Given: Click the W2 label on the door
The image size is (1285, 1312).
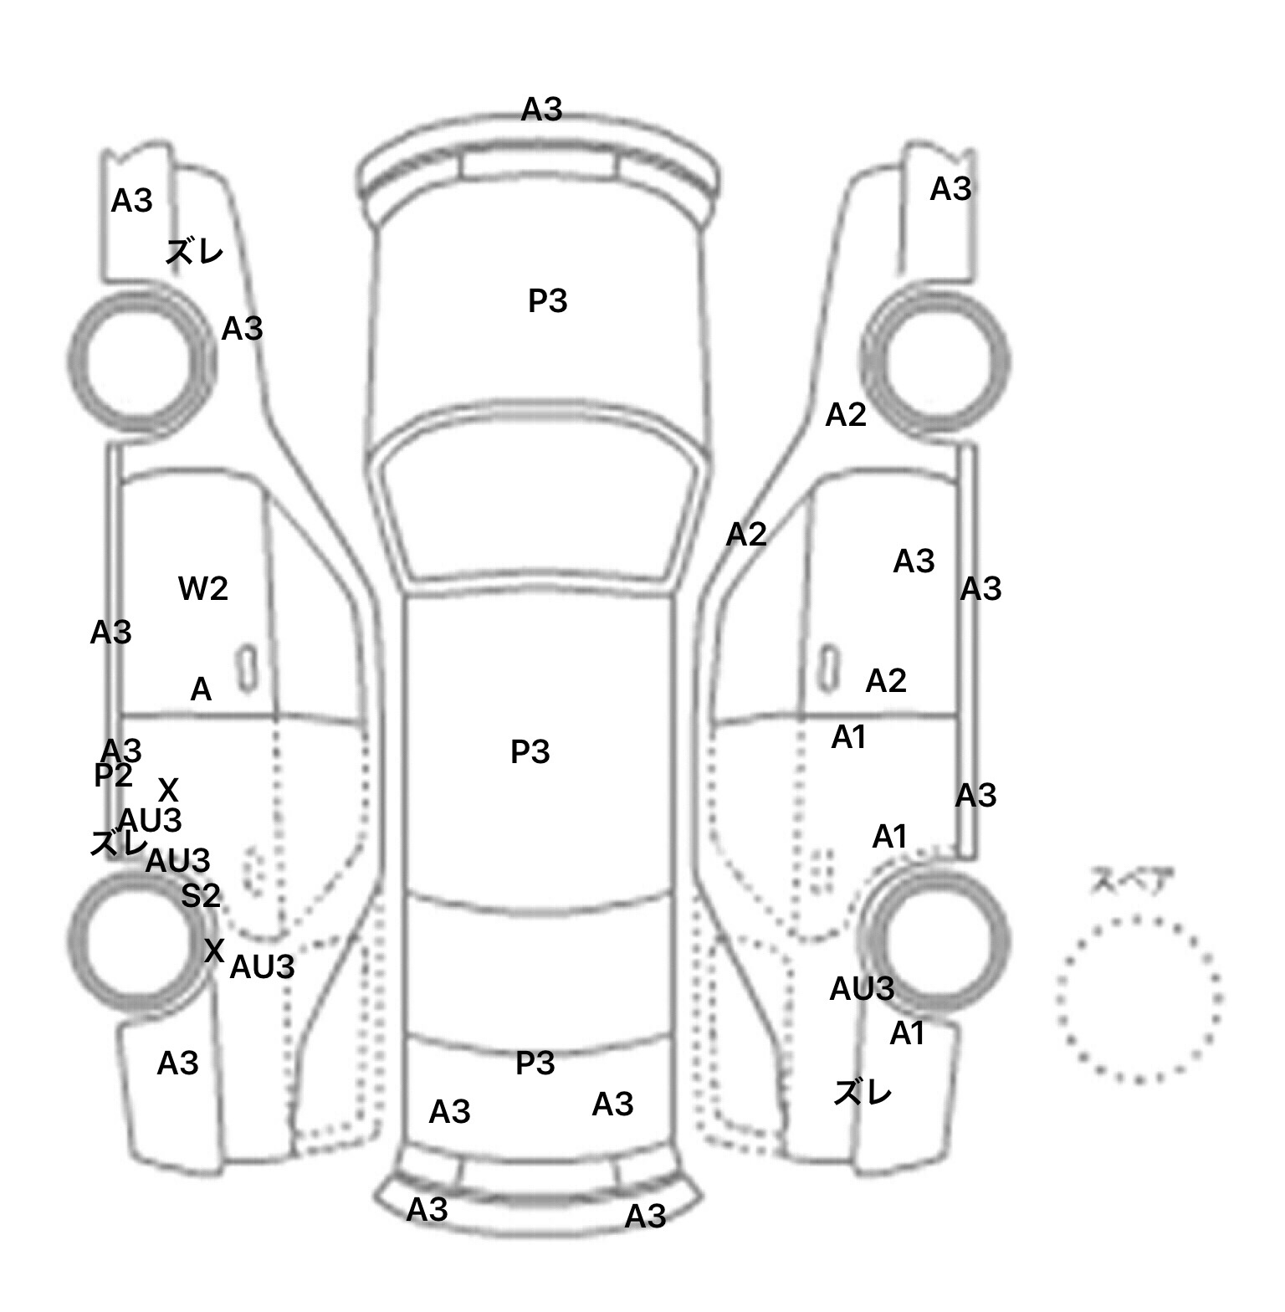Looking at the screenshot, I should point(203,589).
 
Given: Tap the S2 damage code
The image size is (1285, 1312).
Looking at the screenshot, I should point(201,896).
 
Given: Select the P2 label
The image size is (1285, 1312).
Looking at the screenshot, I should point(113,776).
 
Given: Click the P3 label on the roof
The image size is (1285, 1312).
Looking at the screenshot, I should point(530,752).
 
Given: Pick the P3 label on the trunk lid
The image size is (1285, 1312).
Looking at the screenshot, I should point(535,1063).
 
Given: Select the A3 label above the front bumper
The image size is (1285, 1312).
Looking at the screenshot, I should point(542,110).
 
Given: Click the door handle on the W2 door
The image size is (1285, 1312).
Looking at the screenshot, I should point(247,669).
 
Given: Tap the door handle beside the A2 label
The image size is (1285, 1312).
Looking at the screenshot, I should point(828,667).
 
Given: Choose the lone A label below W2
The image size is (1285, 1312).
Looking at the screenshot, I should point(201,690).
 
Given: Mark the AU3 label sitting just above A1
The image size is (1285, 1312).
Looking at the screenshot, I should point(862,989).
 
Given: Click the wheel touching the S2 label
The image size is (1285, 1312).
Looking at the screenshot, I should point(136,942).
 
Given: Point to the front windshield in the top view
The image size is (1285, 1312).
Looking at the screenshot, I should point(540,502).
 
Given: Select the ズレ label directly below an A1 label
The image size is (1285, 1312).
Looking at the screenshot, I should point(863,1092).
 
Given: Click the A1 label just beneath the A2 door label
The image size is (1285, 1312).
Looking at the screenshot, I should point(848,737).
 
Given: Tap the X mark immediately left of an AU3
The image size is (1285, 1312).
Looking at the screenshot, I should point(214,951).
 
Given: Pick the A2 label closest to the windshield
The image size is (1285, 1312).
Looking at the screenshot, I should point(746,534).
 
